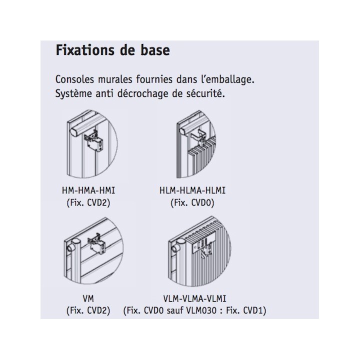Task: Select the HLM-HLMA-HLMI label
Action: tap(192, 191)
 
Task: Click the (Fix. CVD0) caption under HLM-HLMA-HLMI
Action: tap(192, 202)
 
